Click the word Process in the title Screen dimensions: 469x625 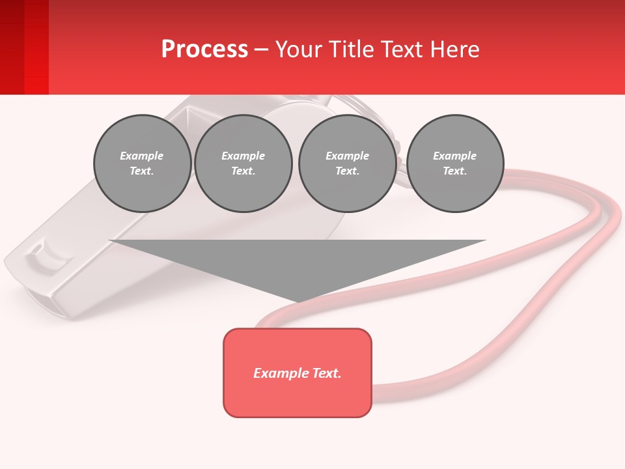[x=204, y=50]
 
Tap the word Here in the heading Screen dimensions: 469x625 [x=453, y=50]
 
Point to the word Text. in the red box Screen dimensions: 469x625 [x=326, y=373]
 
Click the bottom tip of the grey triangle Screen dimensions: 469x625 [x=298, y=301]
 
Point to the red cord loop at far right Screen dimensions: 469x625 [x=609, y=221]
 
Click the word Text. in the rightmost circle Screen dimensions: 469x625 [x=455, y=171]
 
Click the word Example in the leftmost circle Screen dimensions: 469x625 [x=142, y=156]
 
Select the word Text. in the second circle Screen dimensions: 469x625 [x=243, y=171]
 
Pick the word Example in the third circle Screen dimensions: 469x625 [x=347, y=156]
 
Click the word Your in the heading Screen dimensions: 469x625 [x=297, y=50]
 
